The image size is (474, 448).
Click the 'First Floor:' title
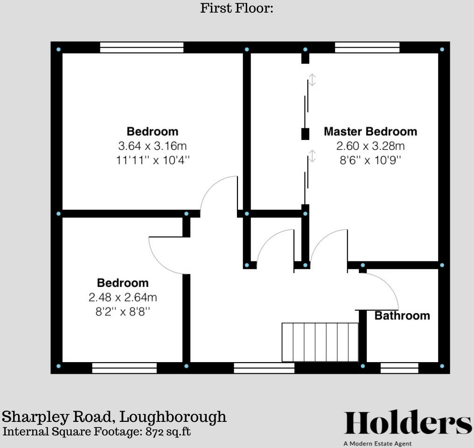coord(237,8)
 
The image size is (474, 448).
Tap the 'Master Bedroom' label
coord(370,131)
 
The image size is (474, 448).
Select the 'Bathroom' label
coord(402,315)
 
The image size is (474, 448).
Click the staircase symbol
coord(320,342)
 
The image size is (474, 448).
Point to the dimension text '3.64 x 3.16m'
coord(153,146)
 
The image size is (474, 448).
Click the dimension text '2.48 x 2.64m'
coord(123,297)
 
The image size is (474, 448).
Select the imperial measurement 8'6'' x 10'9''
coord(370,160)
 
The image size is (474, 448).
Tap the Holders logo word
coord(408,423)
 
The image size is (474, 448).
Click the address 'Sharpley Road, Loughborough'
coord(115,416)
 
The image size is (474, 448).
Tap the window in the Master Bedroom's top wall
coord(368,47)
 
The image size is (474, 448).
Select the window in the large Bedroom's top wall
coord(142,47)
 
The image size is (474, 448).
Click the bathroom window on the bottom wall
coord(399,368)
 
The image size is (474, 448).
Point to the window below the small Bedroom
coord(124,368)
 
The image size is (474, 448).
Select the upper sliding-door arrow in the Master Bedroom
coord(312,80)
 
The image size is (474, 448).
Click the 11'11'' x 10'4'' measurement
coord(153,160)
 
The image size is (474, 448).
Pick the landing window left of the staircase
coord(264,368)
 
